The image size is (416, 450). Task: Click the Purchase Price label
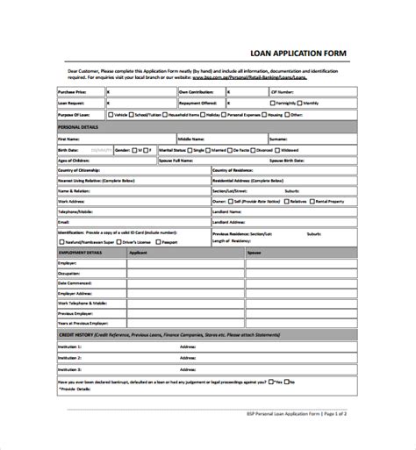tap(73, 89)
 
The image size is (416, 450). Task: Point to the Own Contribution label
tap(197, 89)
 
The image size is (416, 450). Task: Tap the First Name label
tap(68, 139)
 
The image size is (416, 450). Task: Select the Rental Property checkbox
tap(312, 201)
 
